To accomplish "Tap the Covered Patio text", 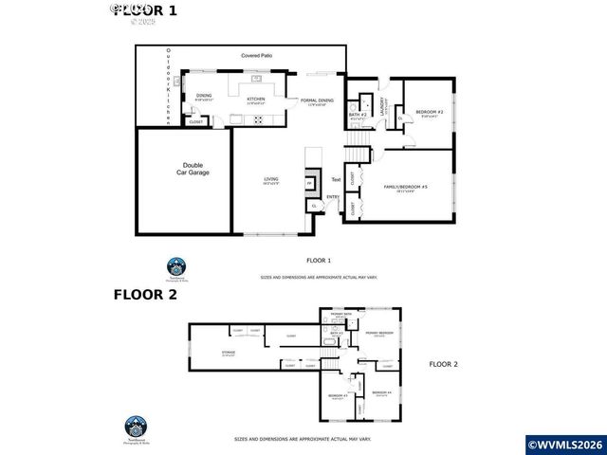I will (x=255, y=56).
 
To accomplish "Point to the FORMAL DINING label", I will (x=316, y=100).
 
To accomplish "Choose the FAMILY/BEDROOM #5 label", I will (x=406, y=188).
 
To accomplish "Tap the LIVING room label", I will (x=270, y=179).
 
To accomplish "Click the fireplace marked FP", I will (x=309, y=183).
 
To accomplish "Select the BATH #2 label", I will (x=358, y=115).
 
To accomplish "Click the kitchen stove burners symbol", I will (x=258, y=118).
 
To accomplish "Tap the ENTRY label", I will (x=333, y=197).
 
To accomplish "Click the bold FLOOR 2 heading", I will (x=146, y=294).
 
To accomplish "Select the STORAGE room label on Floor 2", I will (x=228, y=352).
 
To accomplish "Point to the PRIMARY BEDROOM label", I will (x=379, y=333).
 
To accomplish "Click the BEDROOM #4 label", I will (x=381, y=392).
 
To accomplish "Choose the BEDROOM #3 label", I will (x=338, y=395).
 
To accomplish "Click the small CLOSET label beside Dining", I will (x=196, y=121).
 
